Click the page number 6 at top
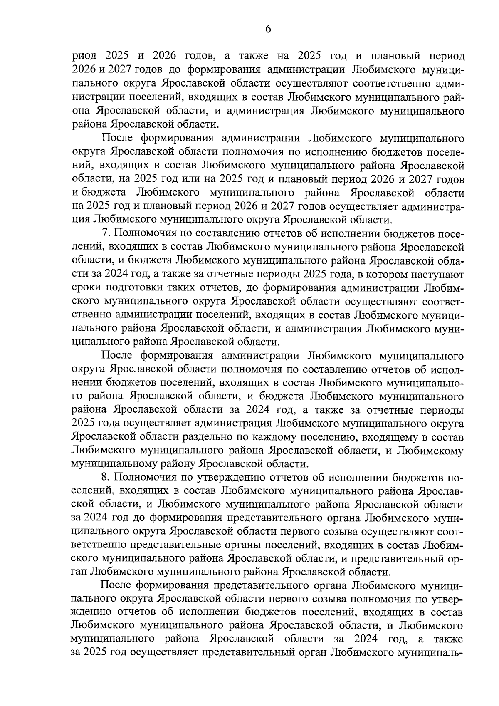(268, 29)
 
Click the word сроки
(86, 288)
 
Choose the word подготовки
(137, 288)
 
